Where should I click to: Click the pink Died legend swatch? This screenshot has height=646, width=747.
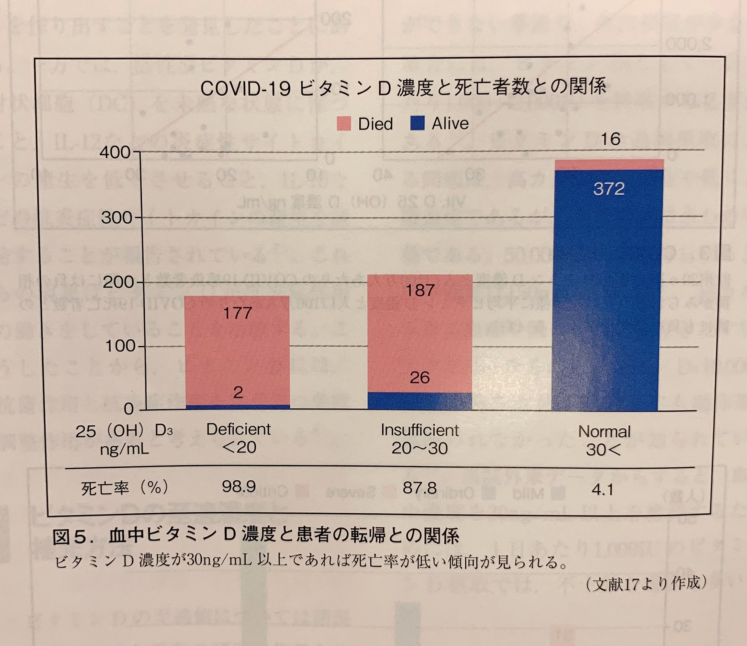click(x=344, y=124)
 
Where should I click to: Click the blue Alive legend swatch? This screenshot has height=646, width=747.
click(x=417, y=123)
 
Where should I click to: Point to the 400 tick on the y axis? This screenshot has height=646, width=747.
click(x=115, y=153)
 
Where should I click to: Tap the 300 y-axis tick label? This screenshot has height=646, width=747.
click(x=116, y=218)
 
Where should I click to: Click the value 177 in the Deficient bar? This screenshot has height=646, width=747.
click(x=237, y=313)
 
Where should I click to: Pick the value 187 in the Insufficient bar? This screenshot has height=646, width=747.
click(x=420, y=290)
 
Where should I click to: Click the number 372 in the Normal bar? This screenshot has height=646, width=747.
click(x=609, y=189)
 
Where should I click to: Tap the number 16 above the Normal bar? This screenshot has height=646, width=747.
click(x=610, y=139)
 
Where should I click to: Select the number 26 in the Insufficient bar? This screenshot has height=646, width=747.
click(x=420, y=377)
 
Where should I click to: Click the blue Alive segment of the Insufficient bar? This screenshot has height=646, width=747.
click(x=420, y=401)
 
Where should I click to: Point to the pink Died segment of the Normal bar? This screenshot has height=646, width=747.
click(x=609, y=164)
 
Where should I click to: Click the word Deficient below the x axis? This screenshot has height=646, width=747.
click(x=238, y=429)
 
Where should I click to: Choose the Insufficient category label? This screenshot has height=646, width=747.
click(x=420, y=430)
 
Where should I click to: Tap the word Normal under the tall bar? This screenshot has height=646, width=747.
click(x=604, y=432)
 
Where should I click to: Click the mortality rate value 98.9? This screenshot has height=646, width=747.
click(x=239, y=487)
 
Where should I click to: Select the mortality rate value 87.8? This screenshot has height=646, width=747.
click(x=420, y=488)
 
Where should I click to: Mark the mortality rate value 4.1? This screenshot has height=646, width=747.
click(x=602, y=490)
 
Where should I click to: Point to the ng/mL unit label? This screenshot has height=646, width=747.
click(x=124, y=449)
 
